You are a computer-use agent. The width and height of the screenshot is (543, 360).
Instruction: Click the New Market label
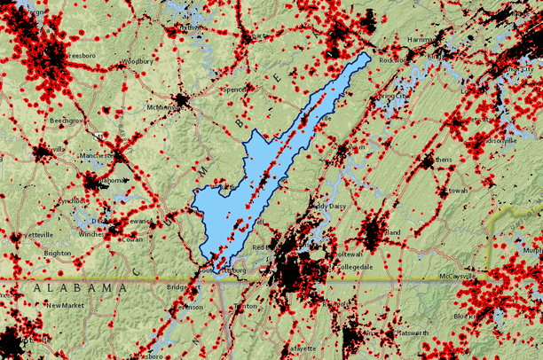(66, 305)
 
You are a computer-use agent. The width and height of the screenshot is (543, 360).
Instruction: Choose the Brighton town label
(57, 252)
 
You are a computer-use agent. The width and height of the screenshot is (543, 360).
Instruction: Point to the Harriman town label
(421, 40)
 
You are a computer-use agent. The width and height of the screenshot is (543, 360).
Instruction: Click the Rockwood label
(393, 60)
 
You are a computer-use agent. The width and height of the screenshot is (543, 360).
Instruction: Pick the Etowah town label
(458, 190)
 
